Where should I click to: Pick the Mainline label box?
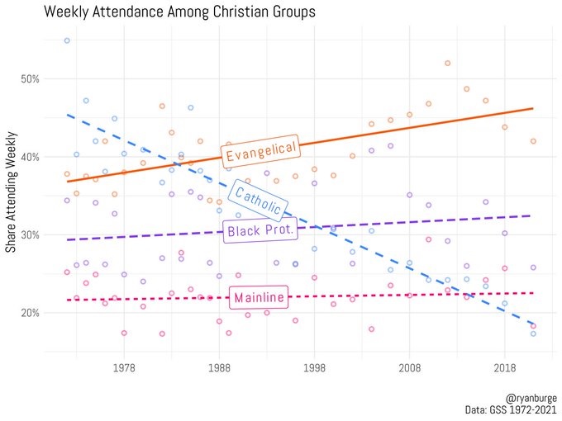pos(260,297)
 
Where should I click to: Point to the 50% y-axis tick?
pos(30,79)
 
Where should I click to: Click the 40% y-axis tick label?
pos(30,157)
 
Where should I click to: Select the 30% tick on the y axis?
pos(30,234)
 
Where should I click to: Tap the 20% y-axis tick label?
pos(30,313)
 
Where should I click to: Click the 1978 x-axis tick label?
pos(124,367)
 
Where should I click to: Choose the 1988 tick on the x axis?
pos(219,367)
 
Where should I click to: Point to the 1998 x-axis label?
pos(314,367)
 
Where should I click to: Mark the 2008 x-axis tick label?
pos(409,367)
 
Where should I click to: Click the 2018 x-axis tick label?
pos(504,367)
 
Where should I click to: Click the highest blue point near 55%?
pos(67,40)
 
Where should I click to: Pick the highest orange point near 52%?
pos(447,63)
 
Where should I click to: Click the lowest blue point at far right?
pos(533,333)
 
